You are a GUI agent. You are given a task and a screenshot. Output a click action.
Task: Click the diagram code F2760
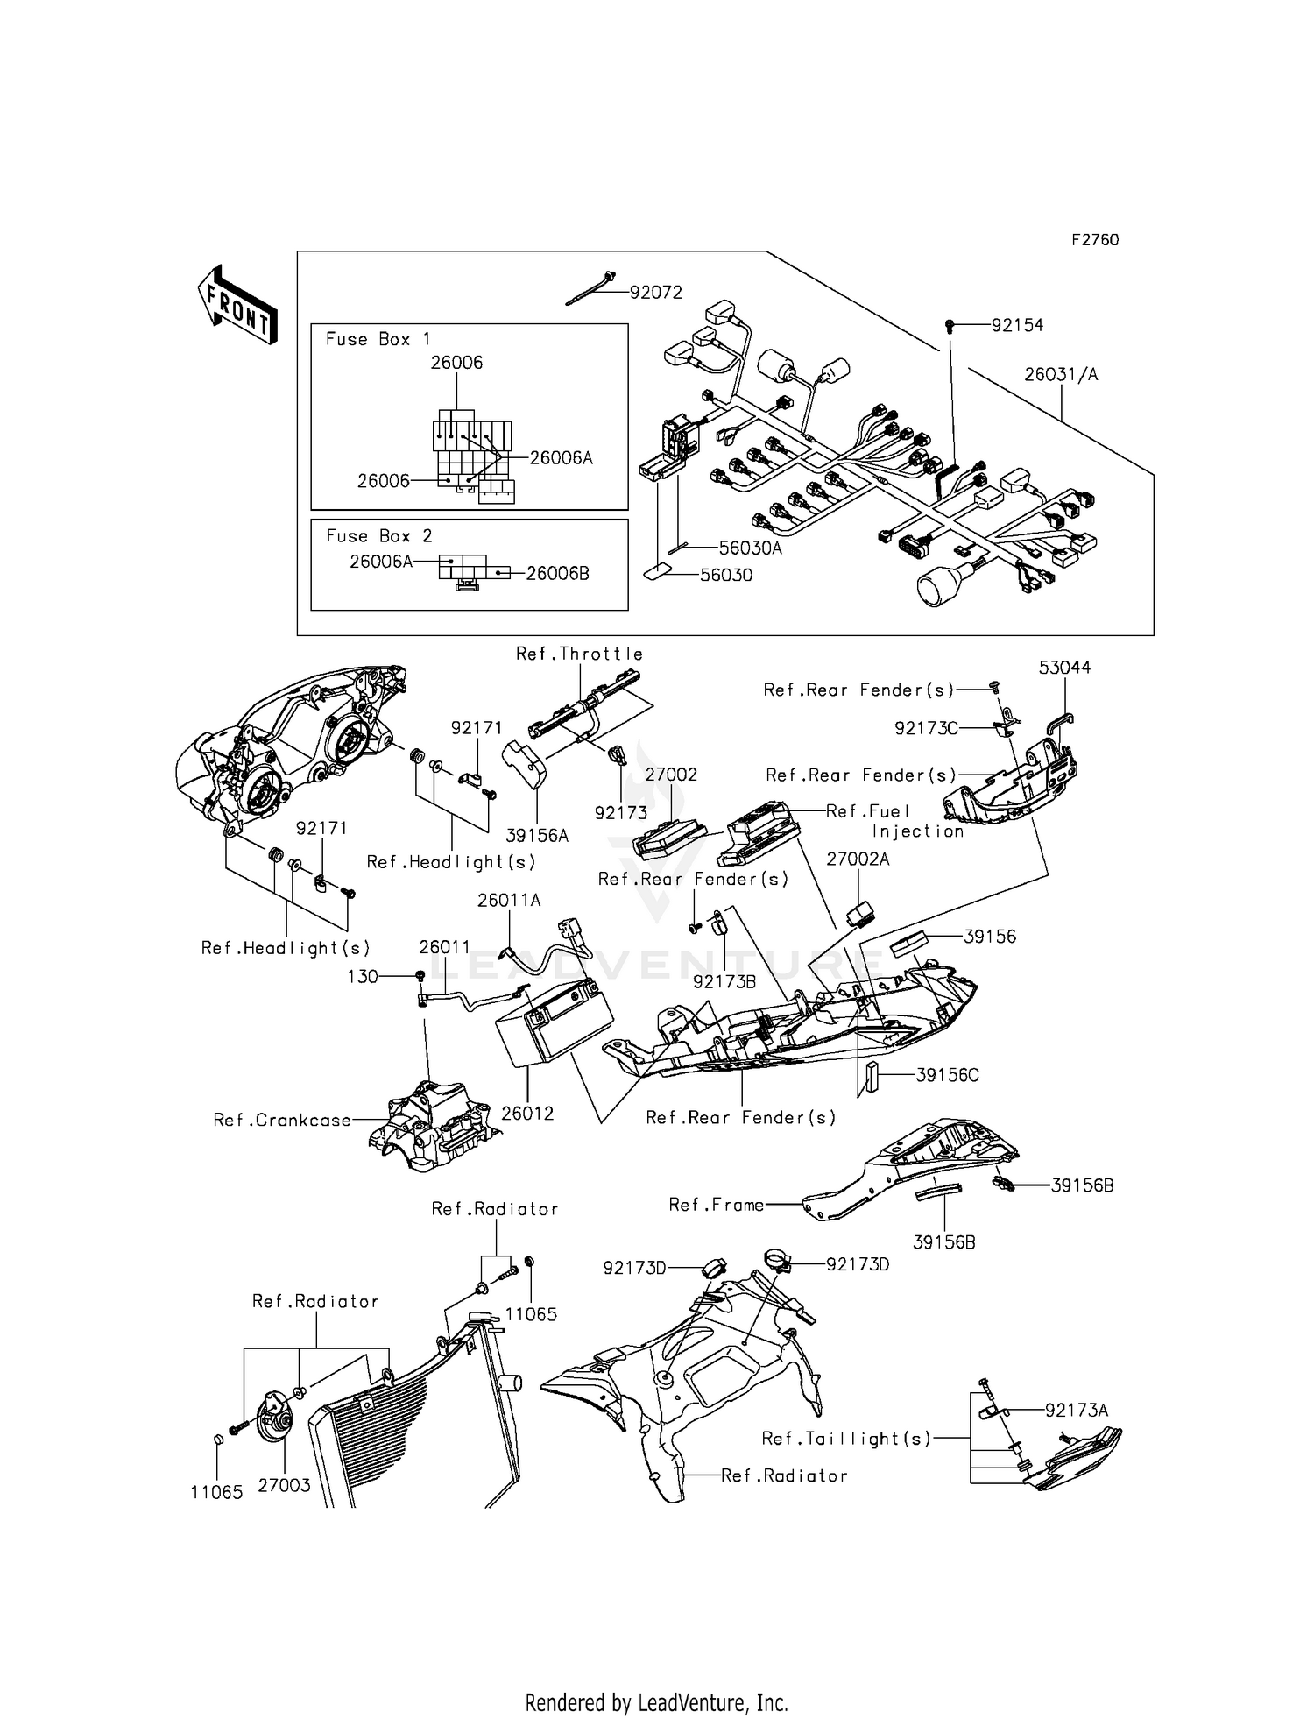click(x=1095, y=240)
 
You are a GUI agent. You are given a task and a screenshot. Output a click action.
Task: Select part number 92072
click(x=655, y=293)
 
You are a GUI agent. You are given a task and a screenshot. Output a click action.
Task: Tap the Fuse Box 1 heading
click(x=378, y=339)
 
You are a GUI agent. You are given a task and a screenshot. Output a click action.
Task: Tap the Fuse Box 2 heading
click(x=378, y=535)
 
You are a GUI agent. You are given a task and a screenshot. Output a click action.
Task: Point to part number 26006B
click(x=557, y=574)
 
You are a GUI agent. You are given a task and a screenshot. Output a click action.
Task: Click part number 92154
click(x=1017, y=325)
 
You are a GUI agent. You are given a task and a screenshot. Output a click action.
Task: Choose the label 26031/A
click(x=1061, y=374)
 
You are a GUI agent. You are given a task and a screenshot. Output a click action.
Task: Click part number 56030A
click(x=750, y=548)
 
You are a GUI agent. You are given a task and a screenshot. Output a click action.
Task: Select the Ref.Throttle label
click(x=579, y=654)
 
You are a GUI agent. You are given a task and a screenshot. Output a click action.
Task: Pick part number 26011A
click(x=509, y=900)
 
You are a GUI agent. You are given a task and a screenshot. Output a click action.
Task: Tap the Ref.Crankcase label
click(x=282, y=1120)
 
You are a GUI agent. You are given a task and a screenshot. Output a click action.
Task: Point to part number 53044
click(x=1064, y=668)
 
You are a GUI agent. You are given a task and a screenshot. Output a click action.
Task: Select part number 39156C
click(x=947, y=1075)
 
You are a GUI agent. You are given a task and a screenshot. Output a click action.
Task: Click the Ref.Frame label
click(x=716, y=1205)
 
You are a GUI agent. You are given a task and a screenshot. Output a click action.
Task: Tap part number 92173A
click(x=1077, y=1410)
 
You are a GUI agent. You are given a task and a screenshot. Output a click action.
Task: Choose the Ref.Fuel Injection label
click(x=894, y=821)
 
